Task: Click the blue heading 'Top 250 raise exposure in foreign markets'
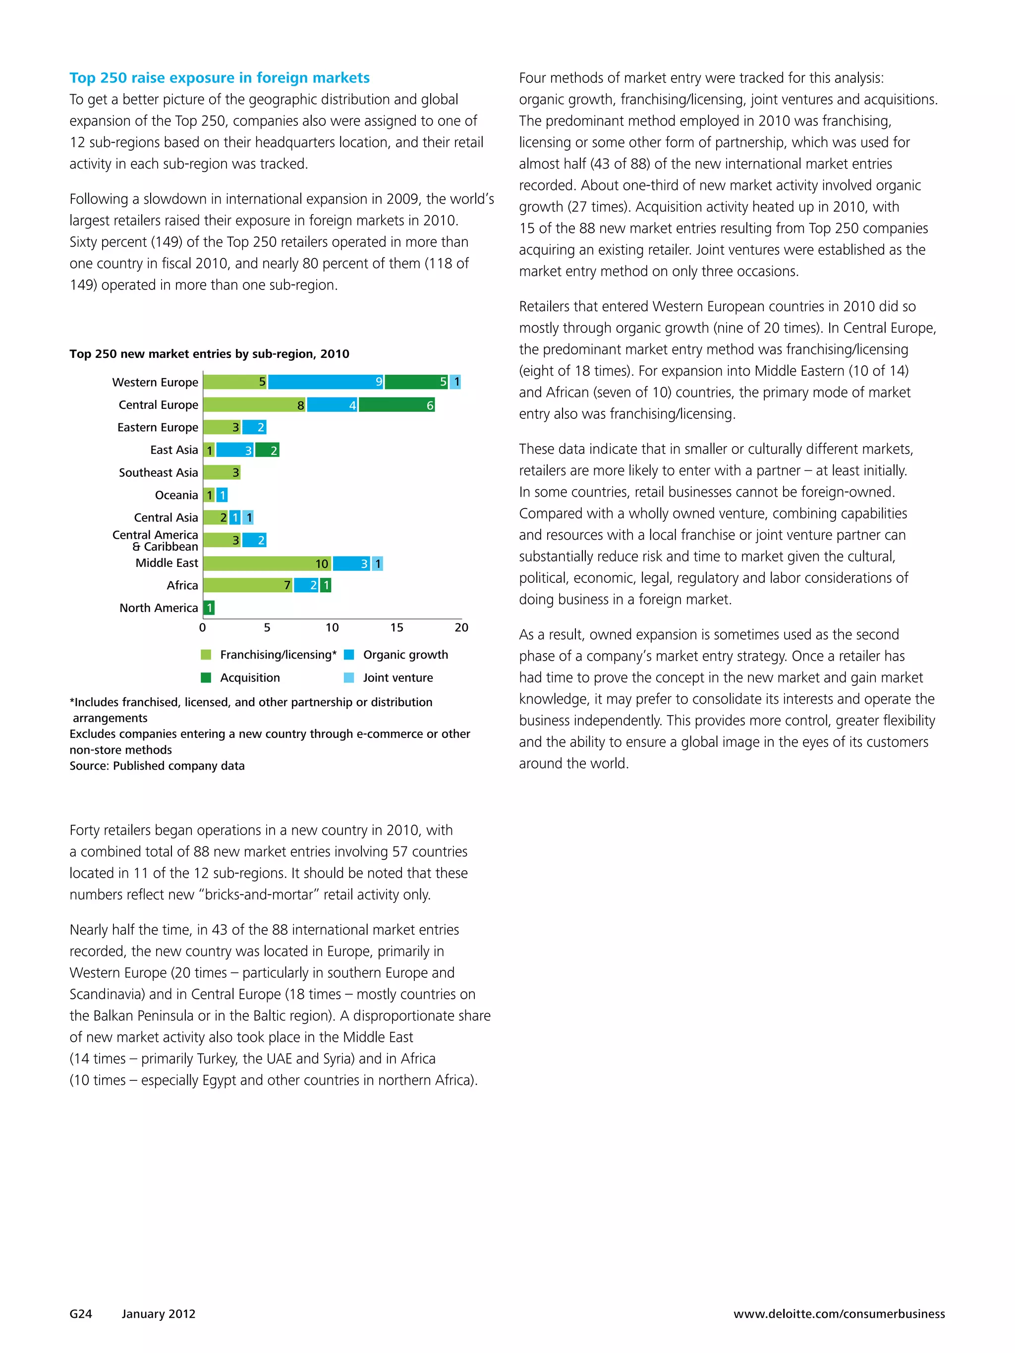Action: pos(219,78)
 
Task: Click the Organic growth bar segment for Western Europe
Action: pos(326,382)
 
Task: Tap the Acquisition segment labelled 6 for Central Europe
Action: pos(396,405)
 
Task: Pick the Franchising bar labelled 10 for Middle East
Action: pos(267,564)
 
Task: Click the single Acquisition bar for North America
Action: pos(209,608)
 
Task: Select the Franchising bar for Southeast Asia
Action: pos(222,472)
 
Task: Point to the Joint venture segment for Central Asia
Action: pos(248,517)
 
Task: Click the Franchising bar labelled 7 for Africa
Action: pos(247,585)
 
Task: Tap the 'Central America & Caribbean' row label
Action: pos(156,541)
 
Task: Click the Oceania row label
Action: pos(176,495)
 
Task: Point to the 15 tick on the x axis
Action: pos(396,627)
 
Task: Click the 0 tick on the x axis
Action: pos(203,627)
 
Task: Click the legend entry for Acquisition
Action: pos(241,677)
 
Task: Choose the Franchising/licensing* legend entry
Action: pos(269,655)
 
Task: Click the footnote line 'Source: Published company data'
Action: pos(157,766)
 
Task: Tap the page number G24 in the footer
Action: pos(81,1314)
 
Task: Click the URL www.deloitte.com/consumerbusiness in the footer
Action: pos(839,1314)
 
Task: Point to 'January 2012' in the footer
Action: pos(159,1314)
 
